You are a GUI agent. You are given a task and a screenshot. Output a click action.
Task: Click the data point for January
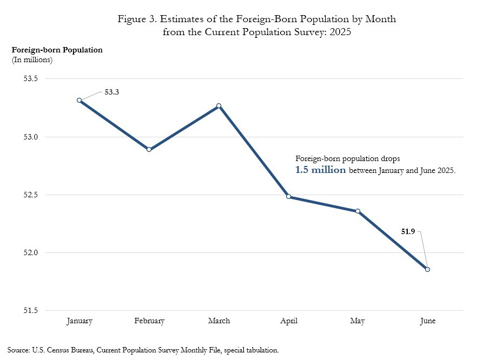click(x=80, y=100)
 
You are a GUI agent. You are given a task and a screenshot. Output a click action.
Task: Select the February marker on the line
click(x=149, y=149)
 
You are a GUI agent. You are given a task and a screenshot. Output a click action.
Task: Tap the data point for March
click(x=219, y=106)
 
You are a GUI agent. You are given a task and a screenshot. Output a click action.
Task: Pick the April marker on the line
click(x=288, y=196)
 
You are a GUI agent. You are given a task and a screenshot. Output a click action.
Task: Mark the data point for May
click(x=358, y=211)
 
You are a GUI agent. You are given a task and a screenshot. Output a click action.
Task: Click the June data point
click(x=427, y=269)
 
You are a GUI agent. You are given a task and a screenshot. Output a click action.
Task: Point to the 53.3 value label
click(x=111, y=92)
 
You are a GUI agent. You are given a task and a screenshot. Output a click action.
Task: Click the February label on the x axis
click(x=149, y=321)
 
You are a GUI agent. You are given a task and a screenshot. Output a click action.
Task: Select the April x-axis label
click(x=288, y=321)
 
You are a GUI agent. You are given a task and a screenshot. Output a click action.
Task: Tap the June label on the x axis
click(x=427, y=321)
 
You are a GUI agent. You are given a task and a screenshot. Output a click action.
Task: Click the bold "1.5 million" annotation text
click(x=320, y=170)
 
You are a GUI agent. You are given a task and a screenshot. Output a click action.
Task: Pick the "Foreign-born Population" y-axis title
click(x=57, y=50)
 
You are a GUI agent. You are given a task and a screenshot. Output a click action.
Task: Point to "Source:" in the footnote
click(x=19, y=350)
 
